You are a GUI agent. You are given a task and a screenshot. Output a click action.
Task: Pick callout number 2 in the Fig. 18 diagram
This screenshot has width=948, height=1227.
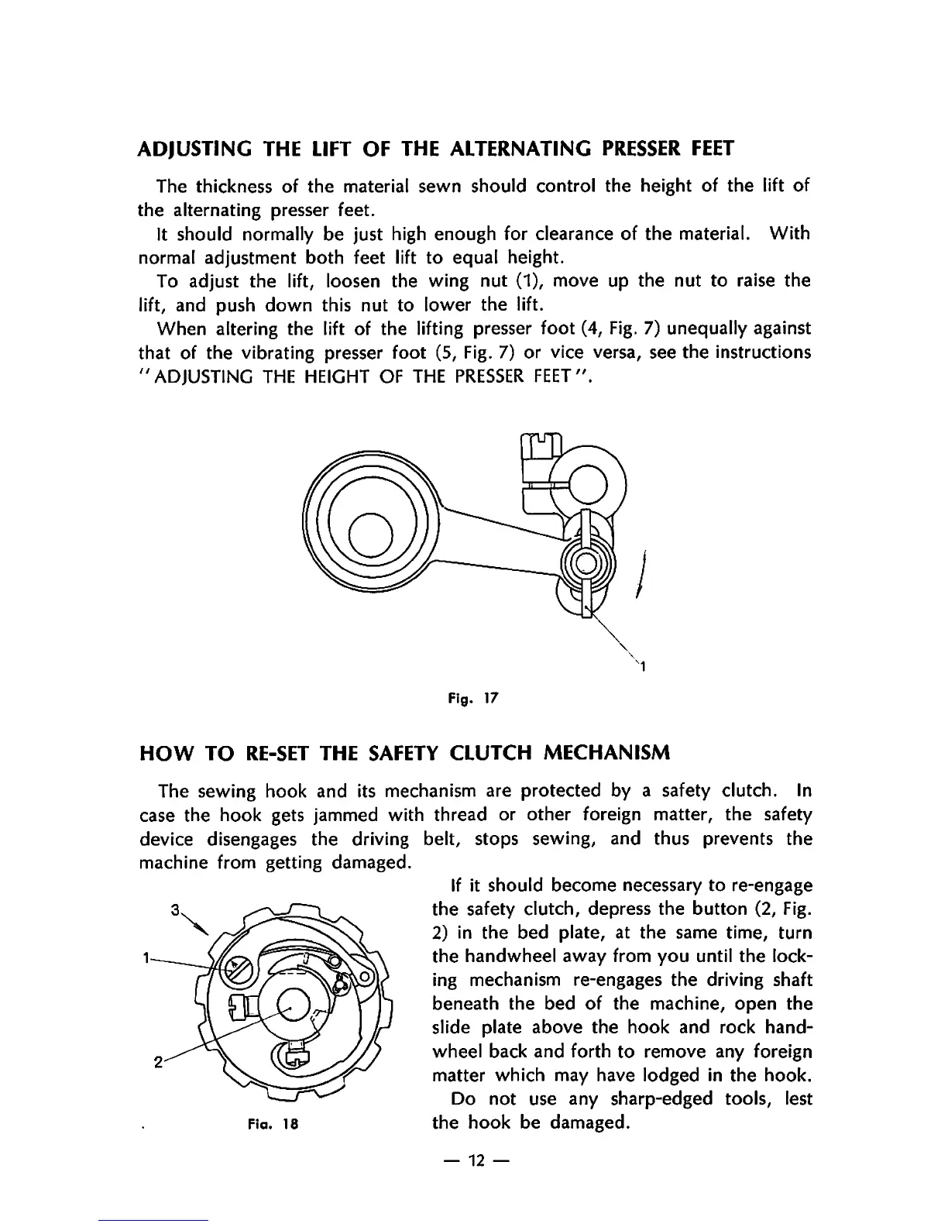click(x=157, y=1062)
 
